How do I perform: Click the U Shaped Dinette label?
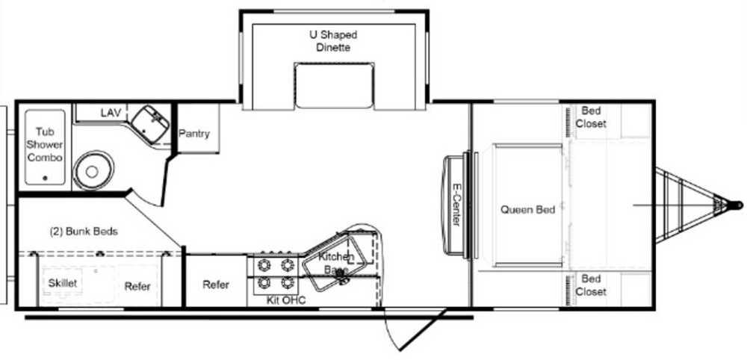333,41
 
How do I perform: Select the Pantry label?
194,134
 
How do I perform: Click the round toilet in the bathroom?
91,171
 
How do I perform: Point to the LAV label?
111,113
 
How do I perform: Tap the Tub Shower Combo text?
45,145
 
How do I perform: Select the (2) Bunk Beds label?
84,231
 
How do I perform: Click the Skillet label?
63,284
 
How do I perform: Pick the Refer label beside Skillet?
137,286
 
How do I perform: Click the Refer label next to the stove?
216,285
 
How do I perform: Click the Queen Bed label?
527,210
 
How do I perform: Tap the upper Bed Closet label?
594,118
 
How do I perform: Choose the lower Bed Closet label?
594,285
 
